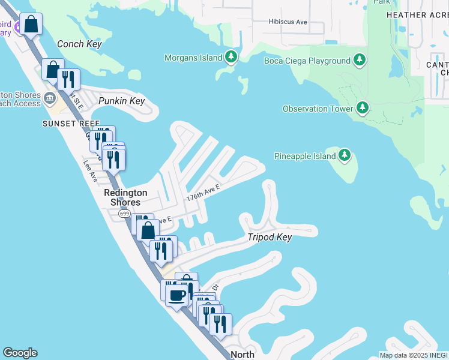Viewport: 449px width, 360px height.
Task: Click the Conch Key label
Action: tap(79, 44)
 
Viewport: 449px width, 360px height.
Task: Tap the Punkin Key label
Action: tap(122, 101)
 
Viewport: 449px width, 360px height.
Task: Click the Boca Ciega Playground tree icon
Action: tap(360, 60)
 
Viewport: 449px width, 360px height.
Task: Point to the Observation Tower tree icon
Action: tap(362, 108)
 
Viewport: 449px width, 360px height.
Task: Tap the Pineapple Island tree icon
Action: tap(344, 156)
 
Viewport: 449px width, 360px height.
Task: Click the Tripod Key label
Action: tap(270, 237)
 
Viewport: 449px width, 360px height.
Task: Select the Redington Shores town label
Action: tap(125, 197)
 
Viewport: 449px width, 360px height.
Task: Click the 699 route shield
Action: tap(124, 214)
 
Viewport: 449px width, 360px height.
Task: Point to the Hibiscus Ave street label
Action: tap(288, 22)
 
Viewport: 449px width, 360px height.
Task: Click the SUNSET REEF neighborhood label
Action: tap(66, 123)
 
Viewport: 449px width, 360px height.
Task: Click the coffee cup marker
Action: tap(176, 295)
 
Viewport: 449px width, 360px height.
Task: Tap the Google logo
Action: tap(20, 353)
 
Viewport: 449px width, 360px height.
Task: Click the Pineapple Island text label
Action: tap(304, 156)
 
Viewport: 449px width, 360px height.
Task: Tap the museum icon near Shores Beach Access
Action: tap(50, 97)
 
